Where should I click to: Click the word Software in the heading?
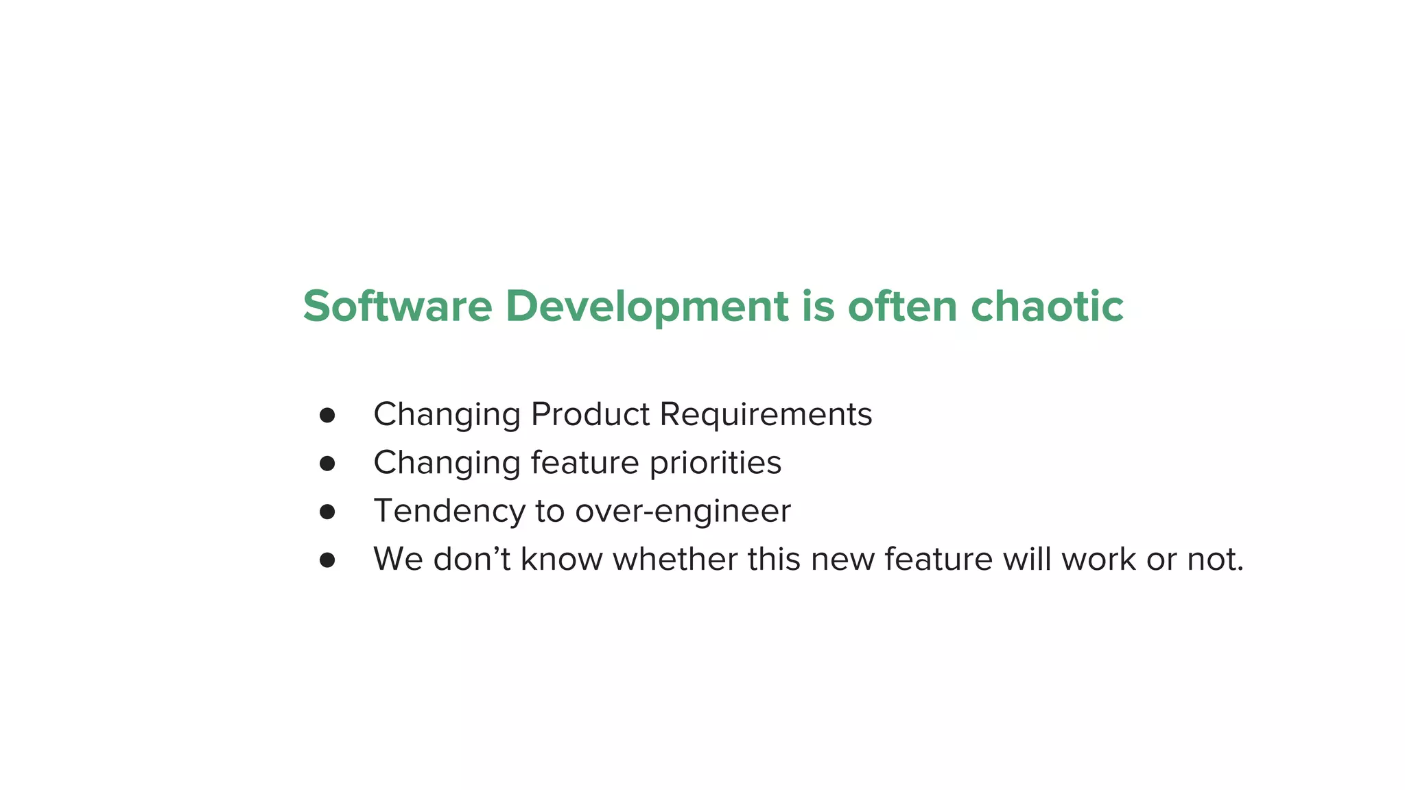[x=397, y=306]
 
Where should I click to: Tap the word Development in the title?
[x=646, y=306]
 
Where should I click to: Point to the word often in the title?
[x=902, y=306]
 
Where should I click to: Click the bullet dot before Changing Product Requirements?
[x=327, y=415]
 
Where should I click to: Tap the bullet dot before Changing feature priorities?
[x=327, y=464]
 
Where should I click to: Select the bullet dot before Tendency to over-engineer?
[x=327, y=512]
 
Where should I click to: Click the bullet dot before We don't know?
[x=327, y=560]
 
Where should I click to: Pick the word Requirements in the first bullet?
[x=766, y=415]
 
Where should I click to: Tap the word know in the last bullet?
[x=562, y=559]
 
